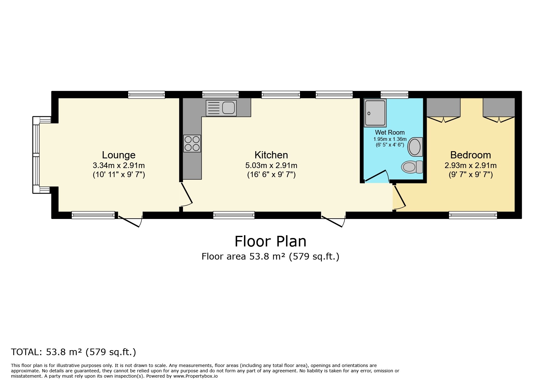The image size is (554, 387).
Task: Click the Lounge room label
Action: tap(119, 155)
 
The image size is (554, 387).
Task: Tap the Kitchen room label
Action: tap(271, 155)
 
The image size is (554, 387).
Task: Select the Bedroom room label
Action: tap(470, 155)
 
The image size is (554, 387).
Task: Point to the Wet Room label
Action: tap(390, 132)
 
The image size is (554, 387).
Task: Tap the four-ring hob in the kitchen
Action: tap(192, 143)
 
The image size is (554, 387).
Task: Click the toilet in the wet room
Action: tap(412, 167)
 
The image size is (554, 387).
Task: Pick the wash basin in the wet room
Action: tap(415, 147)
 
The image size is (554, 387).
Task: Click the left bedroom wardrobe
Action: tap(443, 108)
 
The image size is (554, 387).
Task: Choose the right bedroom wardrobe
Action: tap(499, 108)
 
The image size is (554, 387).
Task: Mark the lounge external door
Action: tap(130, 221)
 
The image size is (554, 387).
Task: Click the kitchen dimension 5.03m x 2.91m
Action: tap(271, 165)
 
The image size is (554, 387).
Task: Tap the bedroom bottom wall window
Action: tap(473, 215)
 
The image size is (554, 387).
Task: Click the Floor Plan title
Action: tap(270, 241)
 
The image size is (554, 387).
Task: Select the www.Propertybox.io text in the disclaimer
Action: tap(195, 376)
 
